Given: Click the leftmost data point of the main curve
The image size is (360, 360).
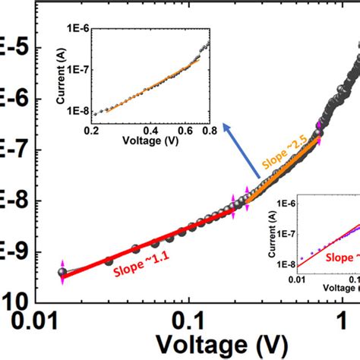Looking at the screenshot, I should pos(62,273).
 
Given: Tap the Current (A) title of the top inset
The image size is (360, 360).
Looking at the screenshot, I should pos(57,74).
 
